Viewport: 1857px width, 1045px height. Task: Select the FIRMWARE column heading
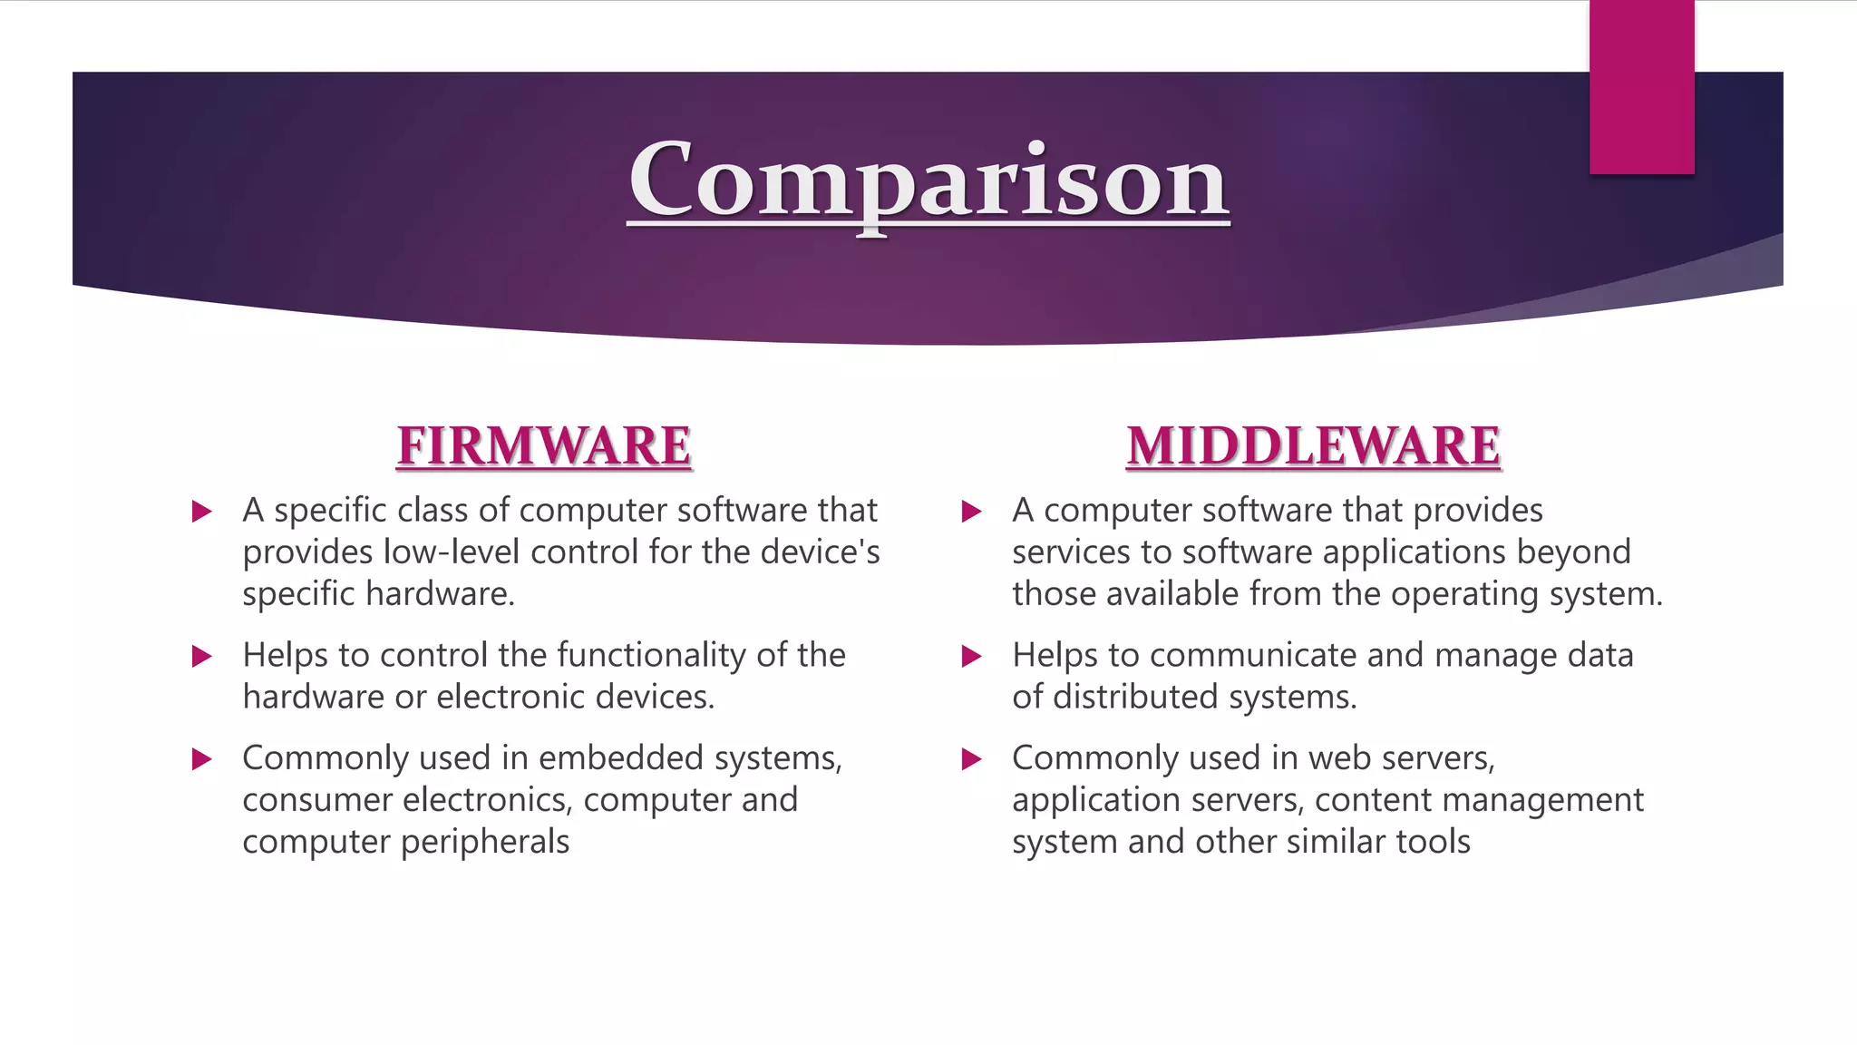pos(544,446)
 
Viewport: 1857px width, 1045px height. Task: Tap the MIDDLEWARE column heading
pos(1313,446)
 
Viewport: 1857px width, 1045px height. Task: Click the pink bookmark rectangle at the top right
pos(1641,87)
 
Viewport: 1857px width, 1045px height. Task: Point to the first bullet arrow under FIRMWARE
pos(202,512)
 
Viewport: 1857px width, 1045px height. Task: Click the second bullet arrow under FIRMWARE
pos(202,656)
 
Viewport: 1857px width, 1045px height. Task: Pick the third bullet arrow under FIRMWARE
pos(202,759)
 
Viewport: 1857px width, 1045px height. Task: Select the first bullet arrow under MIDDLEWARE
pos(971,512)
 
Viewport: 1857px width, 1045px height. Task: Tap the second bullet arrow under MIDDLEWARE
pos(971,656)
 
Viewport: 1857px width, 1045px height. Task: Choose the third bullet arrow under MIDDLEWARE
pos(971,759)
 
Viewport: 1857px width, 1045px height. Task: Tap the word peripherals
pos(484,842)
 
